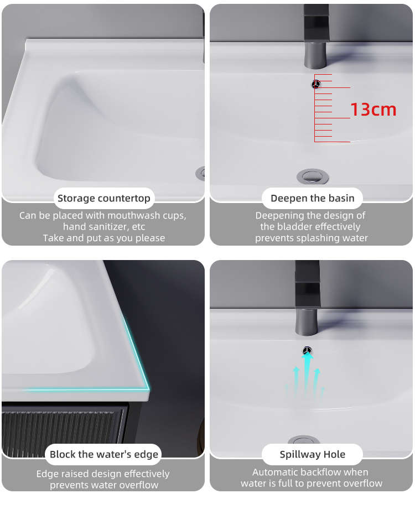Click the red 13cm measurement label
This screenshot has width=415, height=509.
pos(373,110)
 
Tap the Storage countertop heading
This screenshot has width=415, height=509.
pos(104,198)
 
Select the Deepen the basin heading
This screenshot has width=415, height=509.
pos(313,198)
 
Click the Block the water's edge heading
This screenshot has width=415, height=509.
pos(104,454)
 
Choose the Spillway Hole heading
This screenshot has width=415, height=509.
pos(313,454)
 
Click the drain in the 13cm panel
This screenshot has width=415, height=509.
pos(313,176)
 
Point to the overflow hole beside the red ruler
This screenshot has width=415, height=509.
pos(316,84)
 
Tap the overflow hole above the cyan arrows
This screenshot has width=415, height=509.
pos(307,351)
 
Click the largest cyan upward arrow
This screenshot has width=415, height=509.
pos(307,373)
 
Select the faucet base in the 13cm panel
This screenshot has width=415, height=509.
pos(315,55)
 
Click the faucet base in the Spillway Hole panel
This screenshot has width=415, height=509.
pos(306,321)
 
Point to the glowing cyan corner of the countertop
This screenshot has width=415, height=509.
pos(147,387)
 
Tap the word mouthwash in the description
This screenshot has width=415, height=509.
pos(133,216)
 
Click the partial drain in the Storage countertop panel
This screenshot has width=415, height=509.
pos(201,173)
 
